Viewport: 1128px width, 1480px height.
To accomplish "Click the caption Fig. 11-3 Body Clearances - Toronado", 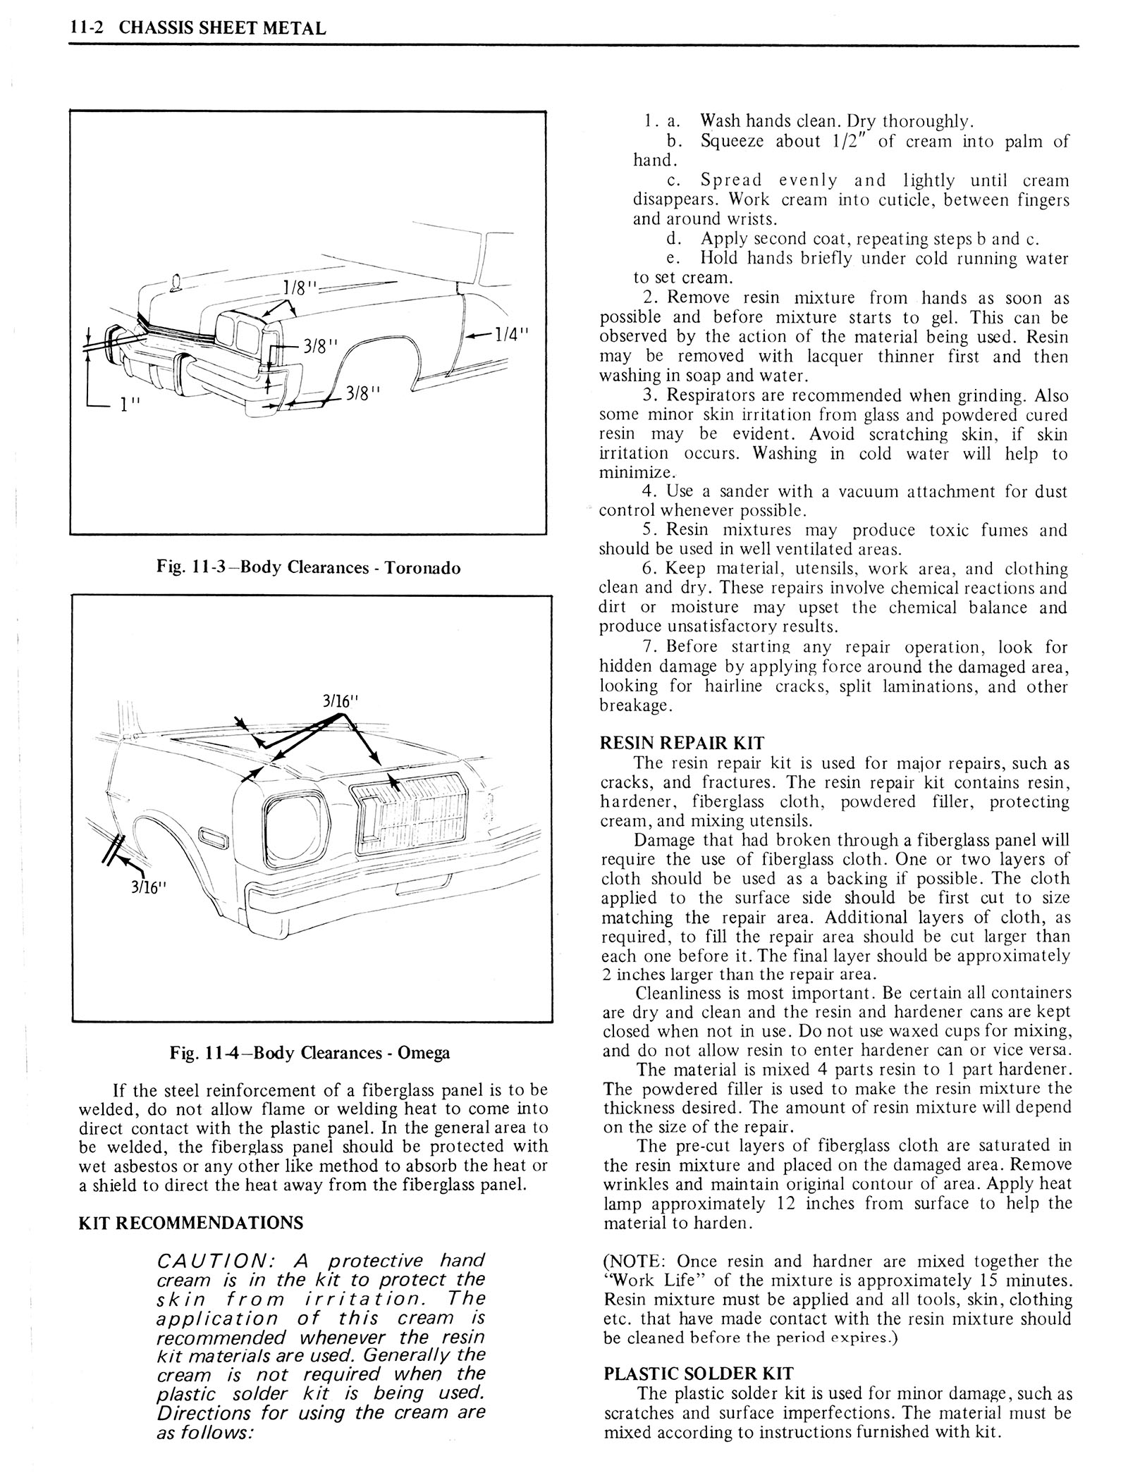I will (307, 568).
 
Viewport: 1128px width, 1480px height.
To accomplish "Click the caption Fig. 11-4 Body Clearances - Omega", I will (309, 1053).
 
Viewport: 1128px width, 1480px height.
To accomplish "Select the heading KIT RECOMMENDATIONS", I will (192, 1223).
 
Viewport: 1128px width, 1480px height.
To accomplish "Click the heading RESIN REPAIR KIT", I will (682, 743).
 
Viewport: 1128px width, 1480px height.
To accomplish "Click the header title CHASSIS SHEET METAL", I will (223, 28).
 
